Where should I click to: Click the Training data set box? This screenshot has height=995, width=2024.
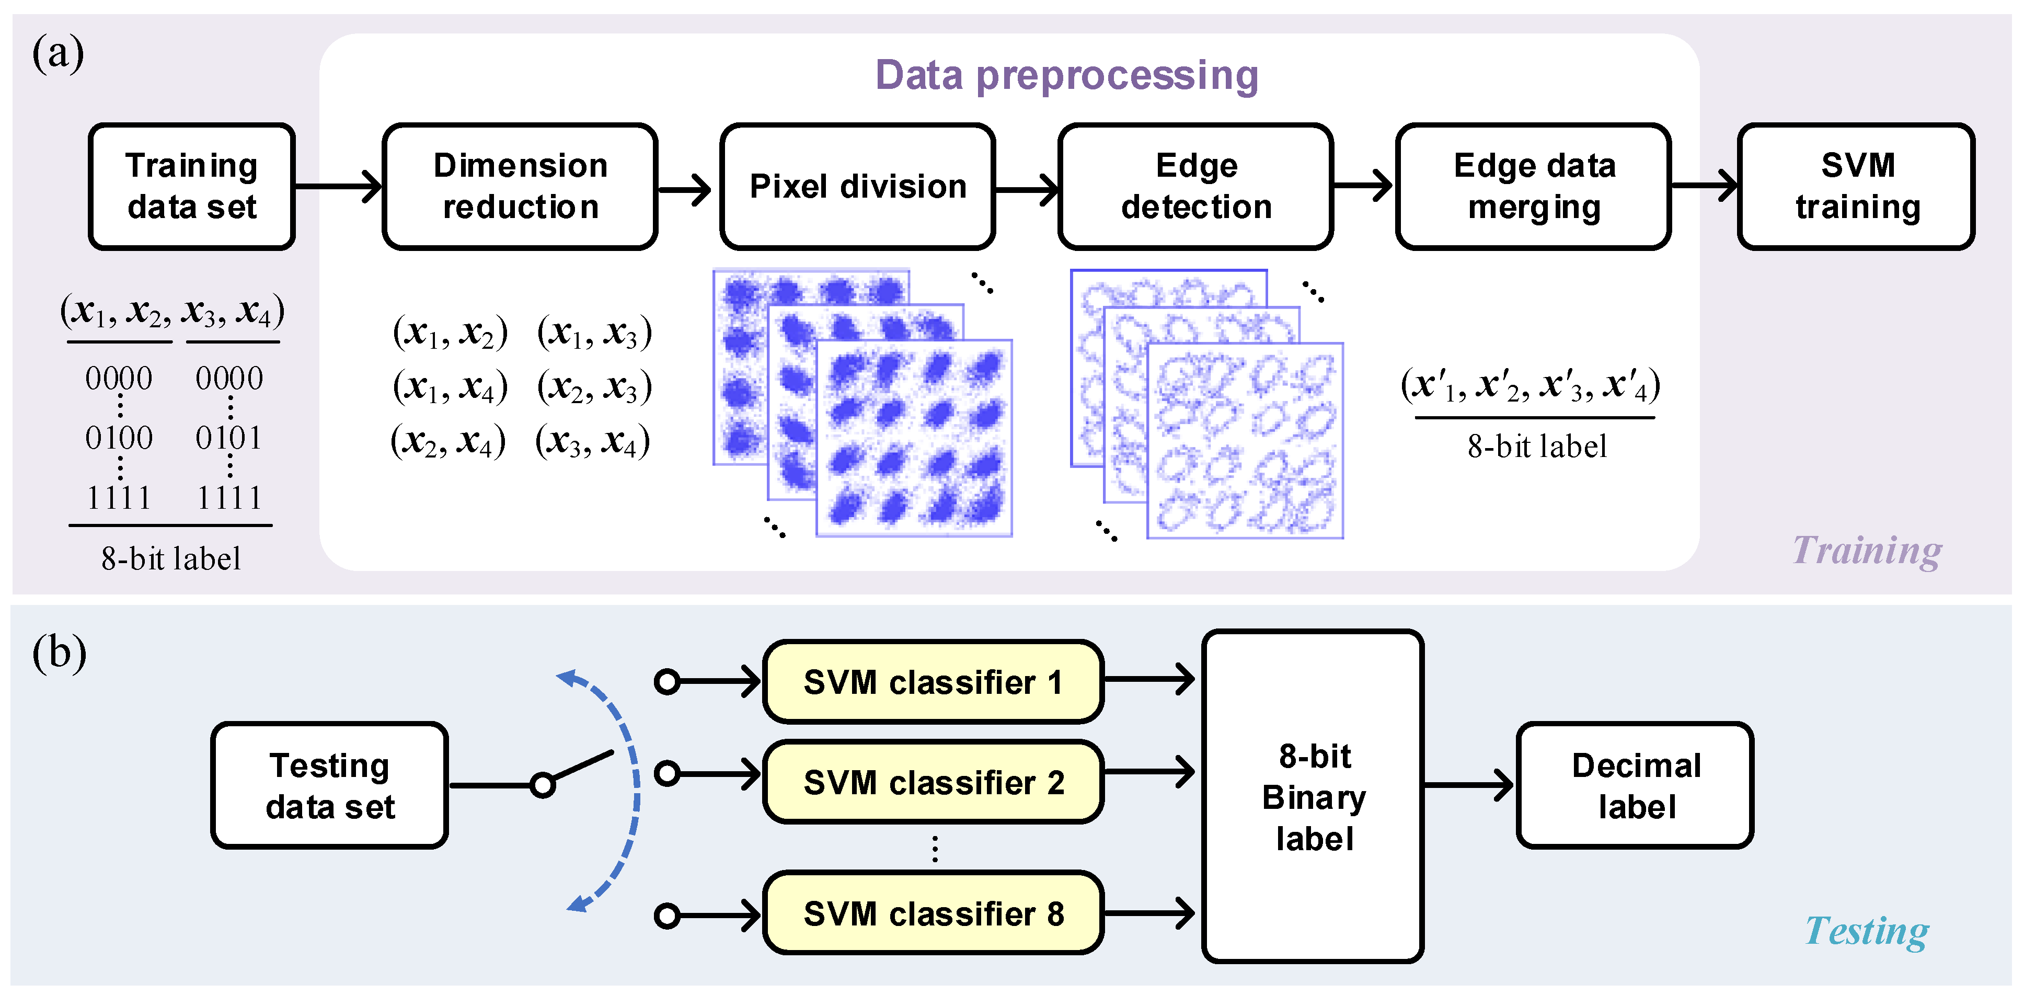pyautogui.click(x=192, y=186)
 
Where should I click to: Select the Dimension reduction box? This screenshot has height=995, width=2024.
pyautogui.click(x=520, y=186)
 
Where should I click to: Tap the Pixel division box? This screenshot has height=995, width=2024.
pyautogui.click(x=857, y=186)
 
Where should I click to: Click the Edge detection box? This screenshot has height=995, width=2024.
pyautogui.click(x=1196, y=186)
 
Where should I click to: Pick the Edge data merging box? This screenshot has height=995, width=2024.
pyautogui.click(x=1534, y=186)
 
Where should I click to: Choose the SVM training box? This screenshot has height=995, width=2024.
pyautogui.click(x=1857, y=186)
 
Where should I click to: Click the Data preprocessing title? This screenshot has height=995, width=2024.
pyautogui.click(x=1066, y=75)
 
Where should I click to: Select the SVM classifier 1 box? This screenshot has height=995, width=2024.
pyautogui.click(x=934, y=681)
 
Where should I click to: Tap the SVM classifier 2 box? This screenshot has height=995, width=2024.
pyautogui.click(x=934, y=782)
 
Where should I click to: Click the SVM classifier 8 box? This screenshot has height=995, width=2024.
pyautogui.click(x=934, y=913)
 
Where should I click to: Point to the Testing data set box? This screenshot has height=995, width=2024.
pyautogui.click(x=330, y=785)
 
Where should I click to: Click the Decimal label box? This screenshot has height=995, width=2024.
pyautogui.click(x=1636, y=785)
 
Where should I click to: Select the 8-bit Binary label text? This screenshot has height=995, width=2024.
pyautogui.click(x=1314, y=797)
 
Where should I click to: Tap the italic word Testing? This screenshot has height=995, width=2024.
pyautogui.click(x=1867, y=931)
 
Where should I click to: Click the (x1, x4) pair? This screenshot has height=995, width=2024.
pyautogui.click(x=450, y=387)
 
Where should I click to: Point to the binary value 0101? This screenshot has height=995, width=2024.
pyautogui.click(x=228, y=438)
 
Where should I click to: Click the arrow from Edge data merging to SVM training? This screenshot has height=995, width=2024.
pyautogui.click(x=1704, y=186)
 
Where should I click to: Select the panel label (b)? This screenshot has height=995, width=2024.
pyautogui.click(x=59, y=653)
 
